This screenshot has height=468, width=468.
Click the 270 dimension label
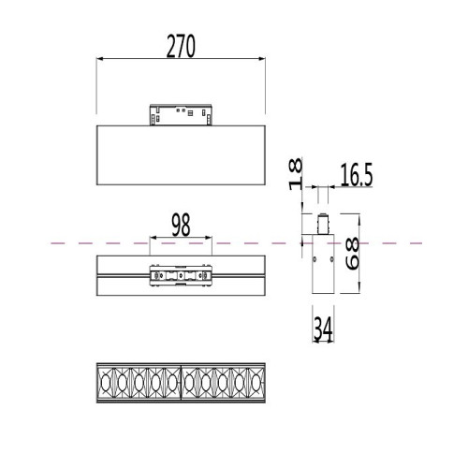[x=181, y=46]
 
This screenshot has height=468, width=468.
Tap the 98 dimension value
[x=181, y=225]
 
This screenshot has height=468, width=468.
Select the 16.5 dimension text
[x=357, y=175]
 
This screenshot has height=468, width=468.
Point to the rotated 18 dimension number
[x=296, y=174]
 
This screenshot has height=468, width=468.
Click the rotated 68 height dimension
[x=353, y=253]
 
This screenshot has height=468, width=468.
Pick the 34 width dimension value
[x=323, y=329]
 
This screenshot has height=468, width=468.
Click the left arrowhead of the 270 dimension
[x=100, y=58]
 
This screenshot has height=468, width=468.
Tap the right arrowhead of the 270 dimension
[x=262, y=58]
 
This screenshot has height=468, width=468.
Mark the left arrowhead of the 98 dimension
[x=153, y=238]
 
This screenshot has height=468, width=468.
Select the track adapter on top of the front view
[x=181, y=115]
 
